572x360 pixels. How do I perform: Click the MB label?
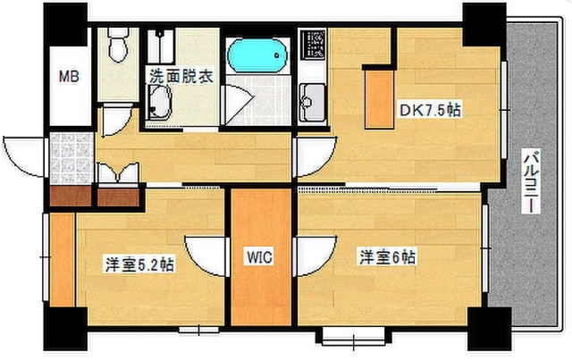point(69,77)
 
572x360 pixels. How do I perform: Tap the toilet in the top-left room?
point(117,44)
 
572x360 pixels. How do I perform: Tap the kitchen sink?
point(314,96)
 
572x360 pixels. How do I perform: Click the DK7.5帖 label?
point(429,112)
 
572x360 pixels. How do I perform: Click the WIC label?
point(260,257)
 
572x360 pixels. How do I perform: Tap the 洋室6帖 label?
point(387,257)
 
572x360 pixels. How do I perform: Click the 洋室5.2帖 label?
point(139,264)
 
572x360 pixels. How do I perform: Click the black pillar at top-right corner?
point(484,22)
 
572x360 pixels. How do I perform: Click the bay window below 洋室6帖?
point(349,339)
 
